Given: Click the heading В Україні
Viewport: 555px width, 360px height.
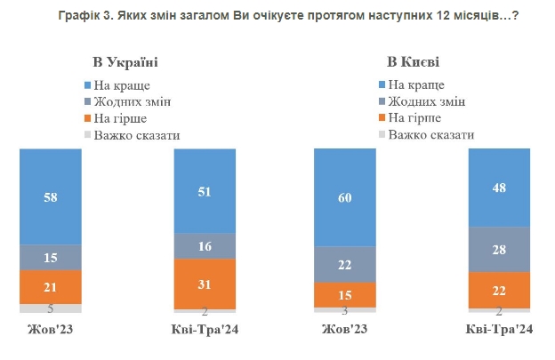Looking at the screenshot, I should (x=126, y=62).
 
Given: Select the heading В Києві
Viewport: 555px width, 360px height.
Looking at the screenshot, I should (x=414, y=62).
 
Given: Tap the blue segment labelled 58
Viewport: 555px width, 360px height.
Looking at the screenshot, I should (x=51, y=196).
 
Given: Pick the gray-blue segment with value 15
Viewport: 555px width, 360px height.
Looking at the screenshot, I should (x=51, y=257).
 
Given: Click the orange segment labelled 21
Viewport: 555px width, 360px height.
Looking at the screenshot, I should (x=51, y=286).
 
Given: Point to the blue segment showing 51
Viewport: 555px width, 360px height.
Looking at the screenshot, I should (x=205, y=191).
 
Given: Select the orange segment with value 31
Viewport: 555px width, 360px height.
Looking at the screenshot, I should (x=205, y=284).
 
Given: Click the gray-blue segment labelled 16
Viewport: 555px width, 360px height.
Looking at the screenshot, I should (x=205, y=246).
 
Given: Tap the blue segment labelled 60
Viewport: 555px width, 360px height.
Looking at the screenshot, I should (x=344, y=197).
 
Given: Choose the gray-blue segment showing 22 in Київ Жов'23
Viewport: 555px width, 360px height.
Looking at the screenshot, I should (x=344, y=264).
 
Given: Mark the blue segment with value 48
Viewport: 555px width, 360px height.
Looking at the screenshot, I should (x=499, y=188).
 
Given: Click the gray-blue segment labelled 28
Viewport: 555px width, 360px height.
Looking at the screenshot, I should (x=499, y=250).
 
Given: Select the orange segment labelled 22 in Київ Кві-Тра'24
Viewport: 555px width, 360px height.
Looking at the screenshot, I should (x=499, y=290).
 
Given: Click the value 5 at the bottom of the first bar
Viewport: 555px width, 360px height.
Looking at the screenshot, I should (x=50, y=309).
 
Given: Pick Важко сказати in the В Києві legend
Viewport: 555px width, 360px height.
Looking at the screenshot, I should (x=431, y=134).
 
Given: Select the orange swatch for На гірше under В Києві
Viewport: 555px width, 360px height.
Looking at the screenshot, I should (x=381, y=117).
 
